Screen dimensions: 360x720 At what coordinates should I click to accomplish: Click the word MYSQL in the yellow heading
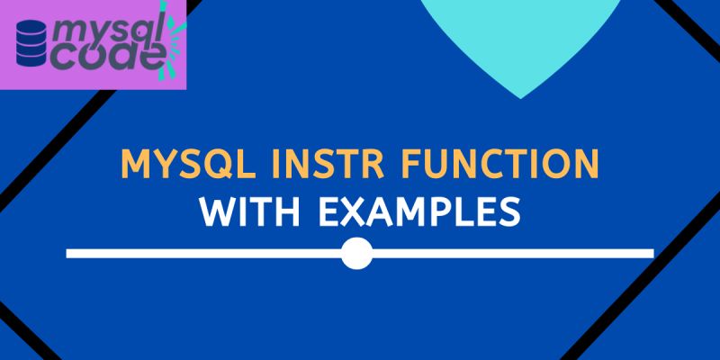[178, 168]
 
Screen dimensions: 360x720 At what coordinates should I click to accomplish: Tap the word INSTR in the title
[303, 168]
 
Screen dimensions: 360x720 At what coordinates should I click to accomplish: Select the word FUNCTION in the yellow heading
[487, 168]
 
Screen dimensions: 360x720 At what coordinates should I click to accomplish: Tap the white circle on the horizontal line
[357, 254]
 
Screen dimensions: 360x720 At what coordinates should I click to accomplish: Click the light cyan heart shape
[520, 40]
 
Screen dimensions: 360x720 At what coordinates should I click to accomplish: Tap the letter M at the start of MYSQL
[134, 168]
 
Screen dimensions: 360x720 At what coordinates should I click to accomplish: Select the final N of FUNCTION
[586, 168]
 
